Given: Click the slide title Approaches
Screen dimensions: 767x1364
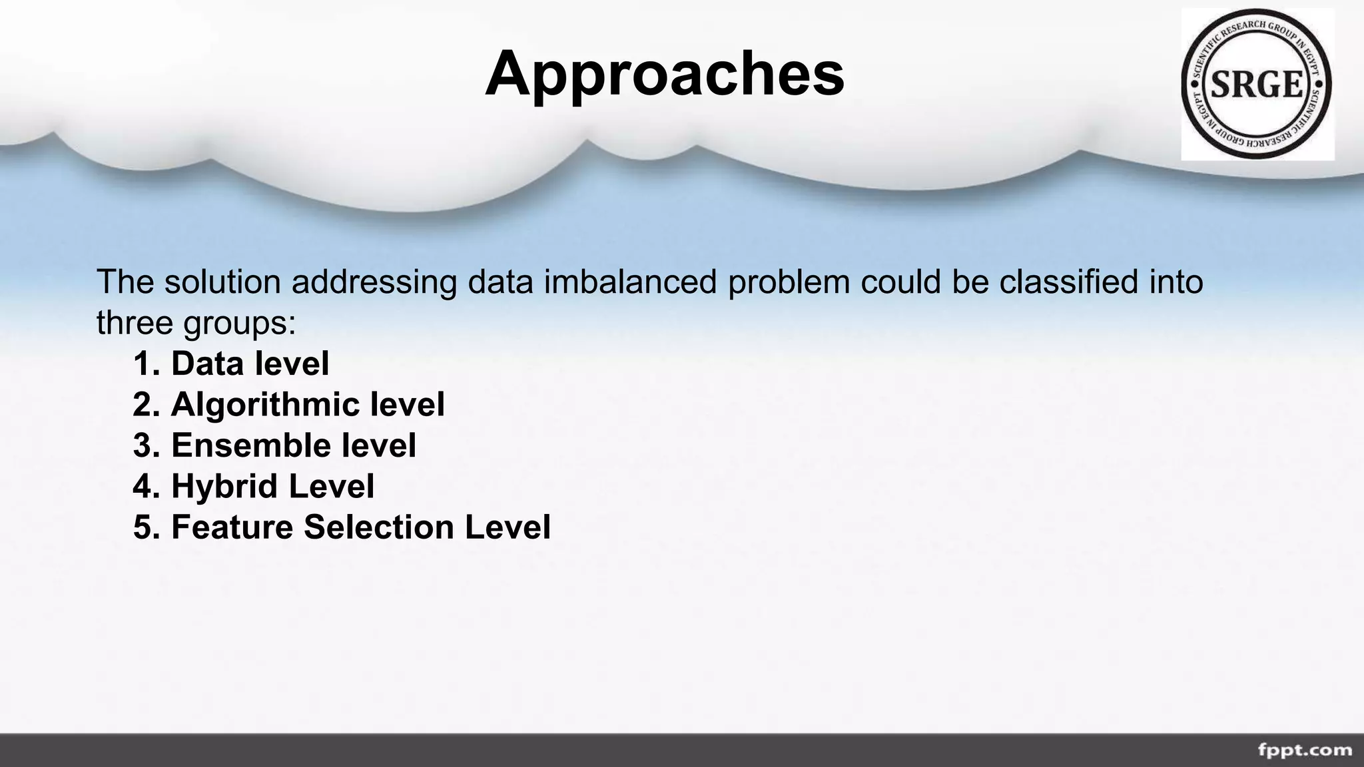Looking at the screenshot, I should point(665,73).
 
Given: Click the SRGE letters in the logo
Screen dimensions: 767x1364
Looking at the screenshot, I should point(1256,85).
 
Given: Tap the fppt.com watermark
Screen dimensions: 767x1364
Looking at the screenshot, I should point(1305,750).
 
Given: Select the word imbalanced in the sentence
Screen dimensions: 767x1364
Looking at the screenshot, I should point(630,282).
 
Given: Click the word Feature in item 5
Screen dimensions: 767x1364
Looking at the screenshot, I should point(232,527).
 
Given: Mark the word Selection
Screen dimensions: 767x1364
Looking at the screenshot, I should point(379,527).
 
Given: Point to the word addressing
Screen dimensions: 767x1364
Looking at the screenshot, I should point(374,283).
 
